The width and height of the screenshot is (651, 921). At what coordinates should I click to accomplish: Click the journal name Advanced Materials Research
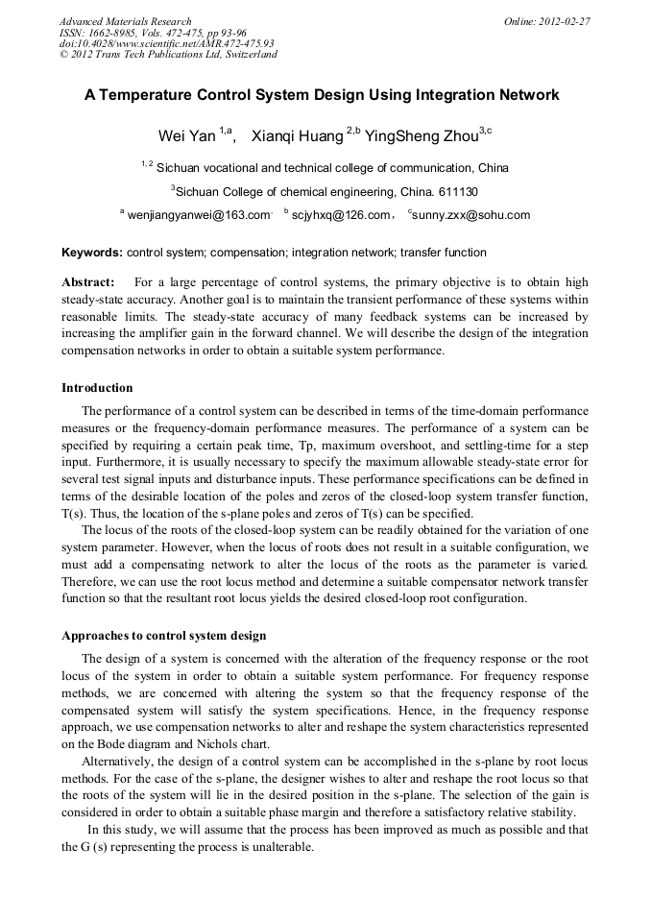pyautogui.click(x=125, y=21)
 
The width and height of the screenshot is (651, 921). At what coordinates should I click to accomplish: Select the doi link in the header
pyautogui.click(x=166, y=43)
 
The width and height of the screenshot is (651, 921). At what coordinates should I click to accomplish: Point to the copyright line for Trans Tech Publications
pyautogui.click(x=168, y=55)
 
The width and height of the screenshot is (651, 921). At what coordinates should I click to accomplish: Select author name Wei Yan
pyautogui.click(x=186, y=136)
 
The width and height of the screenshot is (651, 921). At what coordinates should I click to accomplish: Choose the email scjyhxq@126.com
pyautogui.click(x=341, y=215)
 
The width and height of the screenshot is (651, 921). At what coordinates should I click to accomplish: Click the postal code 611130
pyautogui.click(x=455, y=190)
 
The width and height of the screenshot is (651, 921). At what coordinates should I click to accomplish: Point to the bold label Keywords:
pyautogui.click(x=92, y=253)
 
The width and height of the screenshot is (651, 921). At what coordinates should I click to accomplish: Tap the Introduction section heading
pyautogui.click(x=97, y=388)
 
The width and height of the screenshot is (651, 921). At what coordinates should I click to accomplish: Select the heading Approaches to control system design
pyautogui.click(x=163, y=636)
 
